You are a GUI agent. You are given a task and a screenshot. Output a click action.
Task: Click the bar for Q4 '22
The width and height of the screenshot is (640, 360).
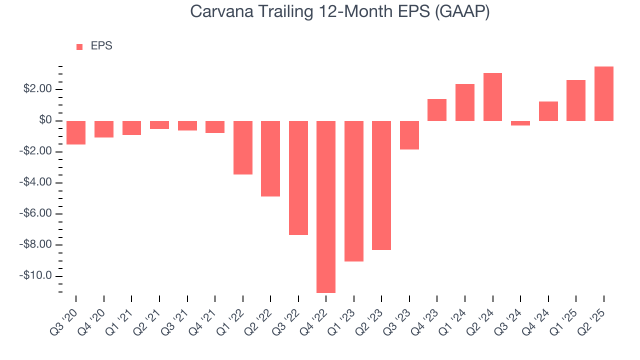[326, 206]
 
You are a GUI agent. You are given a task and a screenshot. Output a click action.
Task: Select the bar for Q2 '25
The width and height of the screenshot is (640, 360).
[603, 93]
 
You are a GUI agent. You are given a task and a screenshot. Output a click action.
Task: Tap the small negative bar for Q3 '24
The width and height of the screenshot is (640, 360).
[520, 123]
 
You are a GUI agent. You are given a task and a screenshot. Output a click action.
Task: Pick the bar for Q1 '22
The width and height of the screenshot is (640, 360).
[243, 147]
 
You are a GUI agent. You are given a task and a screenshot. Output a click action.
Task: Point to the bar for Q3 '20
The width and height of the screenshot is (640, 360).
[76, 132]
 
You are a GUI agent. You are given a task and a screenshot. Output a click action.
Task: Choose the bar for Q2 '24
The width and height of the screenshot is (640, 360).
[492, 97]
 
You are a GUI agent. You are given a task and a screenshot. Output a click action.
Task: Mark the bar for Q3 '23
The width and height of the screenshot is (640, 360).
[409, 135]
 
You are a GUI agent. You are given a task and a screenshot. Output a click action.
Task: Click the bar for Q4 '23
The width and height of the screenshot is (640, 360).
[437, 110]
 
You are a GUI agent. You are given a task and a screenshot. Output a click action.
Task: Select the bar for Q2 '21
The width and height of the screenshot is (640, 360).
[159, 125]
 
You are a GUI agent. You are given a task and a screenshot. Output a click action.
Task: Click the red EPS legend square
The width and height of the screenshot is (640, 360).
[79, 47]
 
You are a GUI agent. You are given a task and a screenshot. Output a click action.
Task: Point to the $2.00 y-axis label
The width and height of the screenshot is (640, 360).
[37, 89]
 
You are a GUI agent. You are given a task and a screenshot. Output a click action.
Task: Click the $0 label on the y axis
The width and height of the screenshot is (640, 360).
[45, 120]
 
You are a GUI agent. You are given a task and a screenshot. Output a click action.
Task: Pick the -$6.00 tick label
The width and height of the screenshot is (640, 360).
[36, 214]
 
